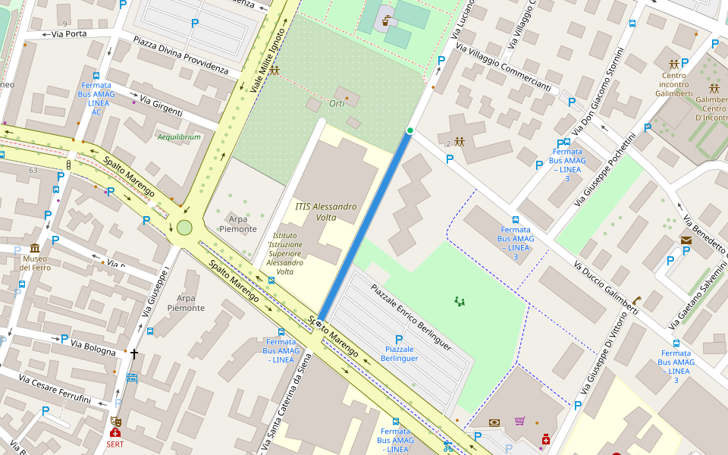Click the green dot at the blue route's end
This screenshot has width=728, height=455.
[x=410, y=131]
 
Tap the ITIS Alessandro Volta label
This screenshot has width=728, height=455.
[x=325, y=212]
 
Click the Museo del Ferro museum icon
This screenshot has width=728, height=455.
[x=35, y=248]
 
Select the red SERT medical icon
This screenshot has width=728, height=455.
[x=115, y=432]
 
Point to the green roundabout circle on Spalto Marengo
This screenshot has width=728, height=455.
[x=184, y=227]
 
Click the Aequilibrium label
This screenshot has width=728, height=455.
[x=179, y=137]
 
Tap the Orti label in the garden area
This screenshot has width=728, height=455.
[x=337, y=103]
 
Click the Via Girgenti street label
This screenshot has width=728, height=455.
[x=161, y=107]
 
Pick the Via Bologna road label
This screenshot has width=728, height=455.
[x=93, y=348]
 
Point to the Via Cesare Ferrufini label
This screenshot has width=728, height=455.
[x=55, y=389]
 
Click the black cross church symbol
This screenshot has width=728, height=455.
[x=134, y=353]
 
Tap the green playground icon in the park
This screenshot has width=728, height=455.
[x=459, y=301]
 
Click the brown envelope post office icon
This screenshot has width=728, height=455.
[x=686, y=240]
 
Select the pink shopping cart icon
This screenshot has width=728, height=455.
[x=519, y=422]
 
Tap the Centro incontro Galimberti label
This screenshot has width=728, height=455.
[x=673, y=84]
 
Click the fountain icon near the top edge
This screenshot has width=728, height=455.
[x=388, y=20]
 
